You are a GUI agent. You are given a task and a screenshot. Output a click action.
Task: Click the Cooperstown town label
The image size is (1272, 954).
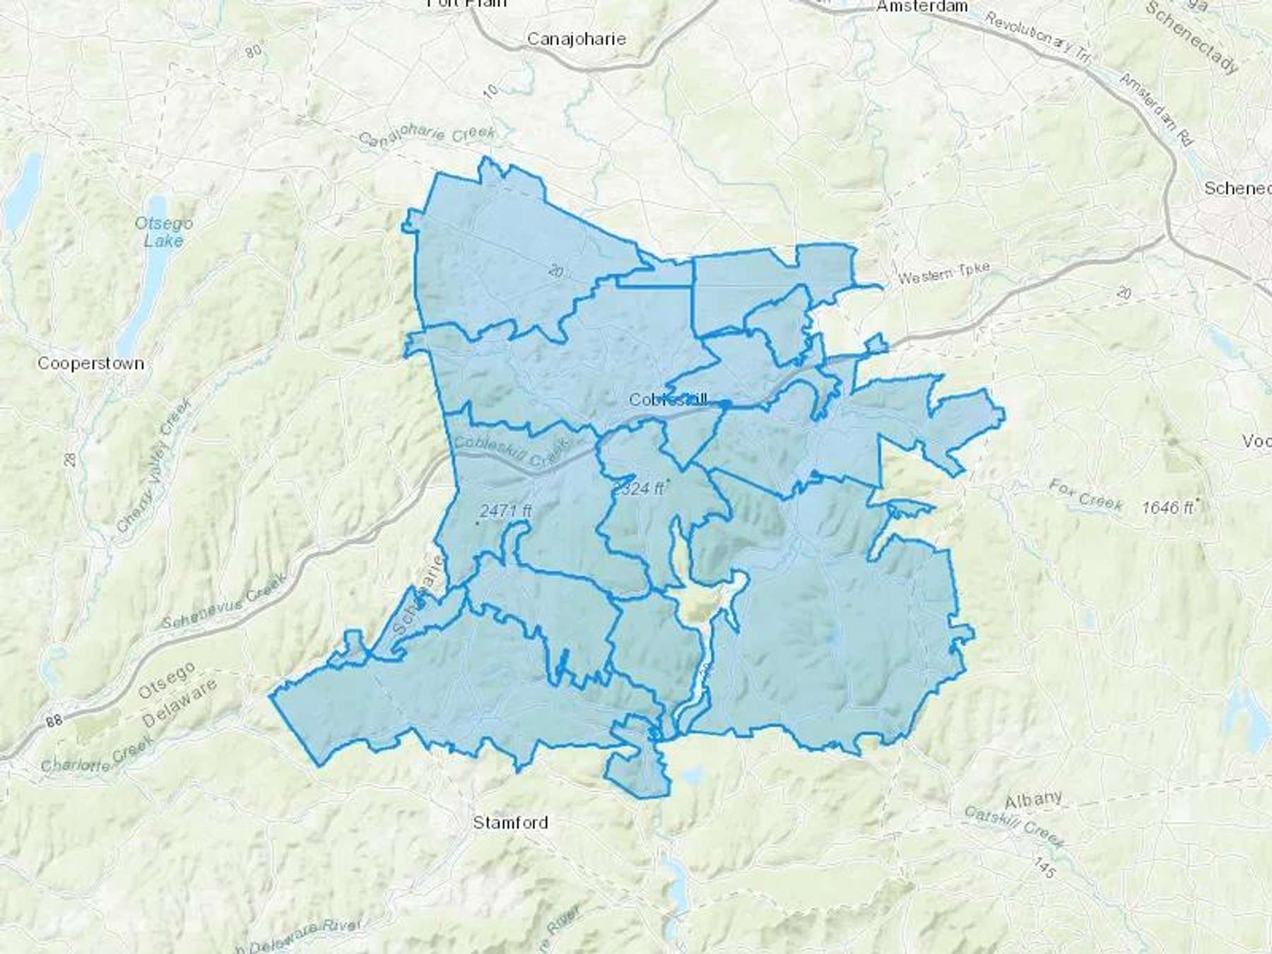pos(90,363)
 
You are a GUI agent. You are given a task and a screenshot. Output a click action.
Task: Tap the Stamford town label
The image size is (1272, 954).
pos(510,822)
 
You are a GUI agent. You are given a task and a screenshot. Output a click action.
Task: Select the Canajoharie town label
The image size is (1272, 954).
pos(577,38)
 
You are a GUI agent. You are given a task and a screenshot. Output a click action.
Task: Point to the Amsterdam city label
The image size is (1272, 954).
pos(921,6)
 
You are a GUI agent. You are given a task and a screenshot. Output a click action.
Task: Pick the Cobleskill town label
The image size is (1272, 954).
pos(667,399)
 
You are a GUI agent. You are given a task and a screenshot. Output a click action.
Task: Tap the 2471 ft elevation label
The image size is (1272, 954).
pos(505,510)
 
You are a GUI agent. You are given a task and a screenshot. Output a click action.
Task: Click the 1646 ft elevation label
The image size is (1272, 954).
pos(1167,507)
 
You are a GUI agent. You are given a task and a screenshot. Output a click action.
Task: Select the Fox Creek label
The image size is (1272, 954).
pos(1085,494)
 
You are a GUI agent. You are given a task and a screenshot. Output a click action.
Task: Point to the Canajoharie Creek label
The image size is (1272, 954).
pos(427,134)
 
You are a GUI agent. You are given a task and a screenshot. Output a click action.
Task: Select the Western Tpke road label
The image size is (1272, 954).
pos(943,273)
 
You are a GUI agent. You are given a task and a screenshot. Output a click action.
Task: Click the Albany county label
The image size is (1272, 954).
pos(1033,801)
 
